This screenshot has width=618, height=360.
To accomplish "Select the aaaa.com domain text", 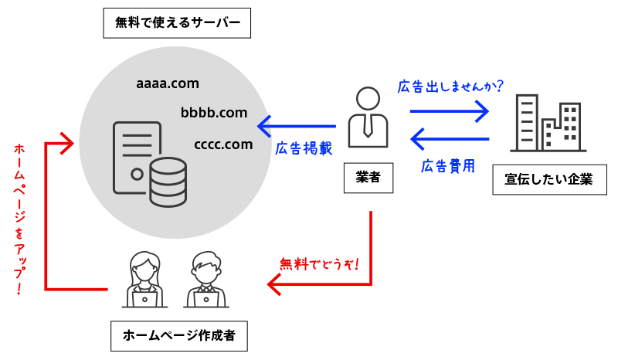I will (167, 82).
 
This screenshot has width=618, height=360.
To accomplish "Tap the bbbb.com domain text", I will (214, 113).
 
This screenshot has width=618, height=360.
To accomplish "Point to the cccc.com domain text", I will (224, 144).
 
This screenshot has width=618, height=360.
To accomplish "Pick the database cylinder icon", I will (168, 182).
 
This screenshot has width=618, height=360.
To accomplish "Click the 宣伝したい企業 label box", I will (548, 179).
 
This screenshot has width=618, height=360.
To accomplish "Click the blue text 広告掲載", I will (304, 148).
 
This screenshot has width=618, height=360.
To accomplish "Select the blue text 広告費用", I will (447, 165).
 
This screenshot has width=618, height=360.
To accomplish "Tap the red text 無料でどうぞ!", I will (319, 263).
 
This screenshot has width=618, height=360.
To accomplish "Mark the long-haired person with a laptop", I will (144, 279).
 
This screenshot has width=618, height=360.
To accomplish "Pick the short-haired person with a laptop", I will (205, 279).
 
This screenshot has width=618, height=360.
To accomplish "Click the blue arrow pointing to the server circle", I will (297, 125).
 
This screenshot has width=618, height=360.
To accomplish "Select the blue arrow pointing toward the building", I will (450, 111).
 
